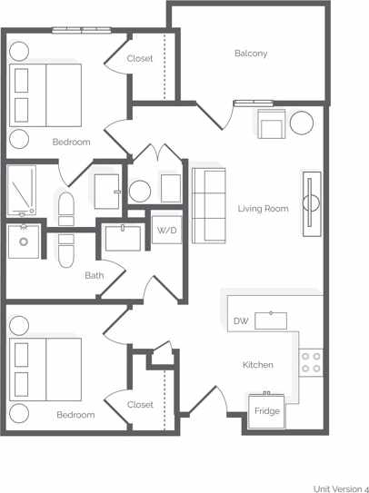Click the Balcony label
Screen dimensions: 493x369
(x=251, y=54)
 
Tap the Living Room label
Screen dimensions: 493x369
(x=263, y=209)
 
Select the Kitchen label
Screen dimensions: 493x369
(x=257, y=365)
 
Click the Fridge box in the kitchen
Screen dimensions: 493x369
(x=267, y=410)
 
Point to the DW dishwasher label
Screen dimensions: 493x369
(x=241, y=321)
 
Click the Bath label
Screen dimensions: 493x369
(x=94, y=275)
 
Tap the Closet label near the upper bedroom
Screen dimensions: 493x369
(x=140, y=59)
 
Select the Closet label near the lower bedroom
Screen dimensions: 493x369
(x=140, y=405)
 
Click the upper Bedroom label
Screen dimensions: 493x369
(x=71, y=142)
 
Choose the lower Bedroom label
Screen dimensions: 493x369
(x=75, y=415)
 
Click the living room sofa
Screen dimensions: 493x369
(x=209, y=204)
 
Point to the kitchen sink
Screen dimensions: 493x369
(x=271, y=320)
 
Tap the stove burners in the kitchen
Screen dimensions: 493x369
(x=311, y=362)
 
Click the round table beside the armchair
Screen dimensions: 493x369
(x=302, y=123)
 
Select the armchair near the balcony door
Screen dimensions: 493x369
(x=271, y=124)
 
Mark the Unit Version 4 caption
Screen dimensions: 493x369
(x=341, y=488)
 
